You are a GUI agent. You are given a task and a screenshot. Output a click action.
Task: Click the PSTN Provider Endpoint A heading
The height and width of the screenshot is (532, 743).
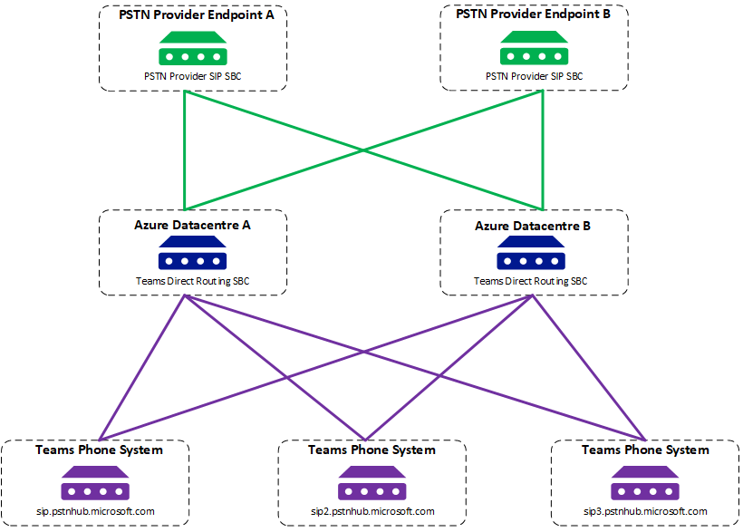coord(197,15)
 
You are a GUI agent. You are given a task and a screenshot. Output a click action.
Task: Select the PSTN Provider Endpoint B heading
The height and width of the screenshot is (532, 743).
coord(533,15)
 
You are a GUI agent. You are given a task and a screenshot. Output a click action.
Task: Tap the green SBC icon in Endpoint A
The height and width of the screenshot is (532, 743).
coord(193,48)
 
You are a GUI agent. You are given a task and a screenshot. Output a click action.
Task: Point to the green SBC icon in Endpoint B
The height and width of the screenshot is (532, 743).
coord(534,48)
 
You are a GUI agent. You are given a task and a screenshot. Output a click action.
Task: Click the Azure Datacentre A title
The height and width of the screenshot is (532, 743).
coord(192,225)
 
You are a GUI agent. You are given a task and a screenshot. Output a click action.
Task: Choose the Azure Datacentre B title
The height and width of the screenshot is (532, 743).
coord(533,226)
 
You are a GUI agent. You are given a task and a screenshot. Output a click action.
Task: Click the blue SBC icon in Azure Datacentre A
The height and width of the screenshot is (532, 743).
coord(192,253)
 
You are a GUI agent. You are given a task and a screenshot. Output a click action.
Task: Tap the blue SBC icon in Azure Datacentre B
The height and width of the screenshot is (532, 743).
coord(531,253)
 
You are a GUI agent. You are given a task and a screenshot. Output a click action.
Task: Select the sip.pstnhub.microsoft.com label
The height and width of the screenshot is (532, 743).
coord(95,512)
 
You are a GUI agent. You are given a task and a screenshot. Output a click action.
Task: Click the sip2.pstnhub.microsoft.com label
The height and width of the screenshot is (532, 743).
coord(372,512)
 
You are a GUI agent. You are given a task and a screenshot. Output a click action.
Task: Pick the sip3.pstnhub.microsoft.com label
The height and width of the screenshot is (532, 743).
coord(645,512)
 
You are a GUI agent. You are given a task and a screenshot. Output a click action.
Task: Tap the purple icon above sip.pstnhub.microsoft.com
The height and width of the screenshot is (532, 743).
coord(95,483)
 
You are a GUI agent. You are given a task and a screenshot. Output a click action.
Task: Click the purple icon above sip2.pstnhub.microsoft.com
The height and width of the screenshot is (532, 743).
coord(372,483)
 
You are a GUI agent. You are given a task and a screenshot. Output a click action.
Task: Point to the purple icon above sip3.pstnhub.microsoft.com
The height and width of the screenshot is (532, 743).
coord(645,483)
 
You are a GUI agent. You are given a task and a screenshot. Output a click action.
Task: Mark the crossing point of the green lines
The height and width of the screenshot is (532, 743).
coord(363,150)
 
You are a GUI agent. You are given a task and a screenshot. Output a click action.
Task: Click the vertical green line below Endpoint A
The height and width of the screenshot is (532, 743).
coord(184,150)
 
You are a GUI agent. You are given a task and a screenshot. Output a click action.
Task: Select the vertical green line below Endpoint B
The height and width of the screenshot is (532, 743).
coord(543,150)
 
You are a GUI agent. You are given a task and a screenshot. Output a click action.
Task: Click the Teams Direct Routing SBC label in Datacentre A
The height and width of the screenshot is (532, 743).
coord(192,281)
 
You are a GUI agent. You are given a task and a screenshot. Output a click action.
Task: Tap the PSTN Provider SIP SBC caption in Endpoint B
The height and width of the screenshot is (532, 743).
coord(534,76)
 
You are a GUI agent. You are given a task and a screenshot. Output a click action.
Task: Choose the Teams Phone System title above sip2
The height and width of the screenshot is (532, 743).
coord(372,450)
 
